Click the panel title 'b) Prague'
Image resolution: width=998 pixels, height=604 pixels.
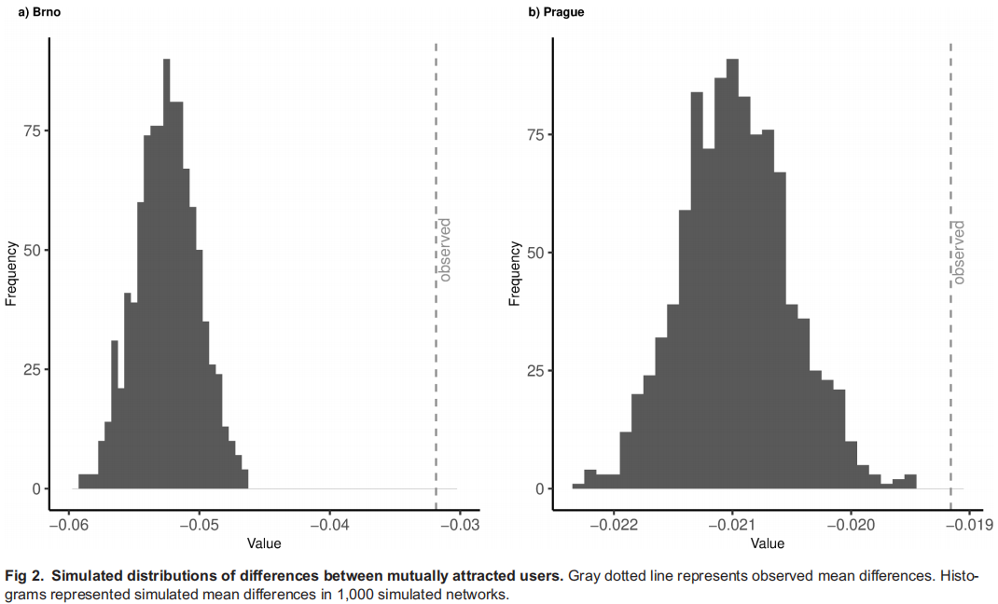tap(557, 12)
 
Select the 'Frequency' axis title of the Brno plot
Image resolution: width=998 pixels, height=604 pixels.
tap(11, 273)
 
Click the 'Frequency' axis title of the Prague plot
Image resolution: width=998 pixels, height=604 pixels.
tap(514, 273)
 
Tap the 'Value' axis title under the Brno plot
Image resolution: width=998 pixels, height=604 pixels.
tap(264, 543)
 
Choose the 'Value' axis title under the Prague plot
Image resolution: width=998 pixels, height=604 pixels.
tap(768, 543)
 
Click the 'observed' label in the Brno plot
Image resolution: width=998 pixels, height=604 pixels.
tap(445, 250)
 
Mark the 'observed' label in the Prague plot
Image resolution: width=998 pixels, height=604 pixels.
tap(959, 252)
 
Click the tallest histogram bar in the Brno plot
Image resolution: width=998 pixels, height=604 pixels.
tap(167, 280)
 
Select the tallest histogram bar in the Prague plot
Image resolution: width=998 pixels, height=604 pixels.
tap(732, 280)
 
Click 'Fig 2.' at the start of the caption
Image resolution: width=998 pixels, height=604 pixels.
tap(24, 576)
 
